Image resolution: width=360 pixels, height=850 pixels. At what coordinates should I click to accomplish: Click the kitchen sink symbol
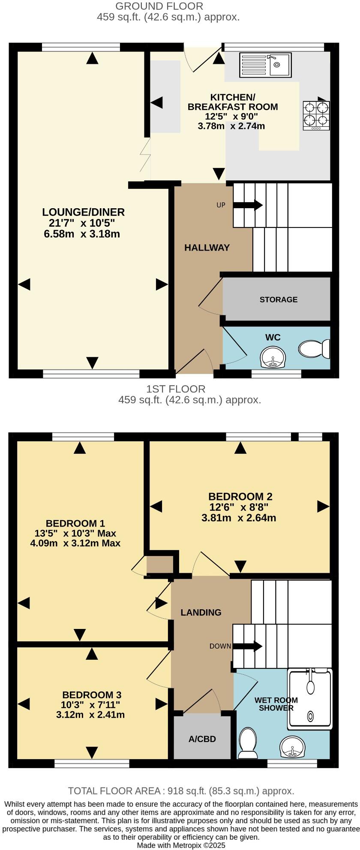click(x=265, y=64)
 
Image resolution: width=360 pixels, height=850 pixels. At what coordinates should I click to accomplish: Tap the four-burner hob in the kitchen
click(x=316, y=115)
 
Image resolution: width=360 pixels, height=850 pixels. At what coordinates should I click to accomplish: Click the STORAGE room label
click(x=279, y=299)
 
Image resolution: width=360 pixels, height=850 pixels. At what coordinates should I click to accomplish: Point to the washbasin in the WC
click(x=273, y=357)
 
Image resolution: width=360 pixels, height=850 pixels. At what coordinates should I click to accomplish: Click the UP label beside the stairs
click(x=221, y=205)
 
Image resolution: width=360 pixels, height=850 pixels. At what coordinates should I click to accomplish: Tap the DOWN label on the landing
click(x=220, y=646)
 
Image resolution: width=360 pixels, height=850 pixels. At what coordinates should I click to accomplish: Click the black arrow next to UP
click(x=248, y=205)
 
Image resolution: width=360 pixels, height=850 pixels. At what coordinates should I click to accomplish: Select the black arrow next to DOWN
click(x=247, y=646)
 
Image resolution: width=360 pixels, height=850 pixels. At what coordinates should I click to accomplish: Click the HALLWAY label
click(x=207, y=248)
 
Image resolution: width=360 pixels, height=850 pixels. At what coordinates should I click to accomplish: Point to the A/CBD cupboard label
click(x=202, y=739)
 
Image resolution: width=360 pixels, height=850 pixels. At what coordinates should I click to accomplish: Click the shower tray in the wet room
click(x=310, y=699)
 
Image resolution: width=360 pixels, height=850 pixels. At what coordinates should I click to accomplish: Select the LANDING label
click(x=201, y=613)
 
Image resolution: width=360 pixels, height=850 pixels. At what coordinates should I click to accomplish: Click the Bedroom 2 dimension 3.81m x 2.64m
click(x=239, y=518)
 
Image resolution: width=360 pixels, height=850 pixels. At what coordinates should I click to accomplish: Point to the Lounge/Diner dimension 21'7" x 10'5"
click(x=80, y=223)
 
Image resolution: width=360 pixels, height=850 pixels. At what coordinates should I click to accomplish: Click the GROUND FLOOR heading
click(x=159, y=6)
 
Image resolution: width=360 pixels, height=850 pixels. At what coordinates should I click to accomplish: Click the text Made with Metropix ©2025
click(x=181, y=845)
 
